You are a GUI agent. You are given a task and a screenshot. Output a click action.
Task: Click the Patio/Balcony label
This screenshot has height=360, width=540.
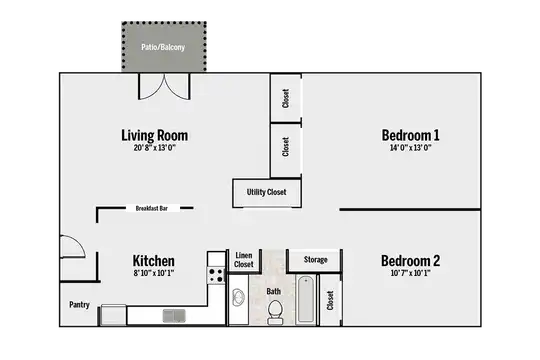point(163,47)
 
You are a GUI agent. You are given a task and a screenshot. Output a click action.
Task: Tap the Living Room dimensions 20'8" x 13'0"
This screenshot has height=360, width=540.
point(155,148)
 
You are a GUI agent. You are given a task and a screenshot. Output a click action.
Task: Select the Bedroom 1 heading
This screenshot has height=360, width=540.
point(411,135)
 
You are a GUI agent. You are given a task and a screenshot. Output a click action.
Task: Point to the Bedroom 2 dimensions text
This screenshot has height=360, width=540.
point(410,273)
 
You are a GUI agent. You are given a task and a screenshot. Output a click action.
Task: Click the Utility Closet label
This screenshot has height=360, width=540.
point(267,192)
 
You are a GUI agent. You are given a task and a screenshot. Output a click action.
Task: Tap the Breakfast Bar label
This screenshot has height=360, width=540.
point(152,208)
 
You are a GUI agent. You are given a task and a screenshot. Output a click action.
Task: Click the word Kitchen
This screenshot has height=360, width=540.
point(154,261)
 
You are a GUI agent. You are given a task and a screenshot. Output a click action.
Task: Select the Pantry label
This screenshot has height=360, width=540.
point(79,305)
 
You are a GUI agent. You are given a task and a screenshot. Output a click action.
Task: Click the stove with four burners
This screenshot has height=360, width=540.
point(216,275)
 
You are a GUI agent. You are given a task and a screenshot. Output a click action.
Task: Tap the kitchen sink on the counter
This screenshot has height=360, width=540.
point(174,316)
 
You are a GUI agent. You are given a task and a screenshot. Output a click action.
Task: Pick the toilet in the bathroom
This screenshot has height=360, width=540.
point(275,312)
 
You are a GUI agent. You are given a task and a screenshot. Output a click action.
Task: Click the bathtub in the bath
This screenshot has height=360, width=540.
point(306,299)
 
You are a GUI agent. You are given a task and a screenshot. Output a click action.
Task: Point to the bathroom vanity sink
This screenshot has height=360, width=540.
point(238,297)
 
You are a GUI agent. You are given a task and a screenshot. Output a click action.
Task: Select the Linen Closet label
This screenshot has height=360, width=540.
point(244,260)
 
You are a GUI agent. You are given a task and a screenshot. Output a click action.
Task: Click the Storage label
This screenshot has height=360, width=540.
point(315,260)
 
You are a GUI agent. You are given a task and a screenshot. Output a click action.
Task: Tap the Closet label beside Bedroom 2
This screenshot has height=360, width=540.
point(330,300)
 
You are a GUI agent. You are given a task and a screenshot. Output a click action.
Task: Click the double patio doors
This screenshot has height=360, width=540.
point(164,86)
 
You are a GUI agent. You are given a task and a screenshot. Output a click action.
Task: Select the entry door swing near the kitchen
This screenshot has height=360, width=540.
point(72,246)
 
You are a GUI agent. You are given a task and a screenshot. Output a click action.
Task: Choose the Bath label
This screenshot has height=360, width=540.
point(274,291)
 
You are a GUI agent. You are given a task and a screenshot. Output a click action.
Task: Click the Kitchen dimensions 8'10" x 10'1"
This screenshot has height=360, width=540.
point(154,273)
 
